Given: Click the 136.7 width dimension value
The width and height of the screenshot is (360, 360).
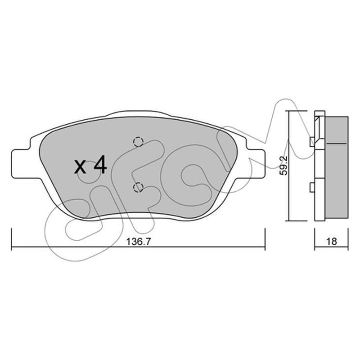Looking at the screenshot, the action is pyautogui.click(x=139, y=241).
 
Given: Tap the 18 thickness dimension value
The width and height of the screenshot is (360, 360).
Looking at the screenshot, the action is pyautogui.click(x=332, y=241).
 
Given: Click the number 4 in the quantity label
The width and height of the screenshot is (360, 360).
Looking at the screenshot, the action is pyautogui.click(x=100, y=164).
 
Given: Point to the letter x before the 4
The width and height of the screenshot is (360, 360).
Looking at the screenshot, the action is pyautogui.click(x=80, y=167).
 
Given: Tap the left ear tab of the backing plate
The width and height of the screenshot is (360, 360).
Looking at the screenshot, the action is pyautogui.click(x=21, y=163).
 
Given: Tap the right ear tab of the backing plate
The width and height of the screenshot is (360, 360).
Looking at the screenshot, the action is pyautogui.click(x=256, y=163).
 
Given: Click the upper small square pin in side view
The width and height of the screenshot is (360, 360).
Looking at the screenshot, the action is pyautogui.click(x=312, y=142).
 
